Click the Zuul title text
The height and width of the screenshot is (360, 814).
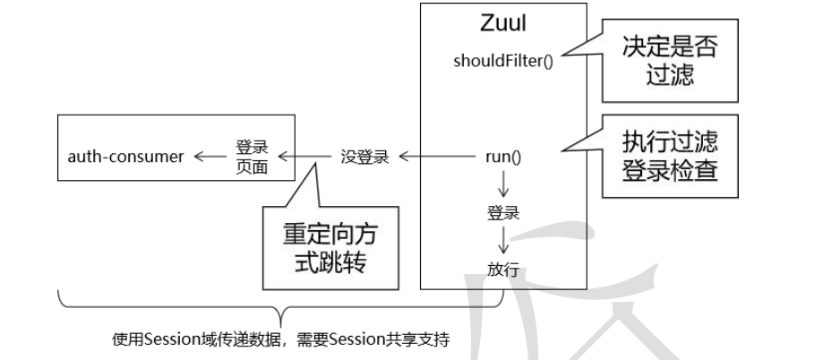(x=502, y=25)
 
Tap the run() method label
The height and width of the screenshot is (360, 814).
(x=503, y=157)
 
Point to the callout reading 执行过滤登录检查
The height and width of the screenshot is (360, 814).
(x=670, y=157)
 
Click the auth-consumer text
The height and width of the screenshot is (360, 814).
(x=126, y=157)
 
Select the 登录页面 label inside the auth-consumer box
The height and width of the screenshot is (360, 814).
(x=252, y=157)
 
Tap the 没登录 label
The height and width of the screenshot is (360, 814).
(x=364, y=157)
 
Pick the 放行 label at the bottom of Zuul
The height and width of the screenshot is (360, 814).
(x=503, y=270)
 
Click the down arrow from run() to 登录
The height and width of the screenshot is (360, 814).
(x=503, y=185)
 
